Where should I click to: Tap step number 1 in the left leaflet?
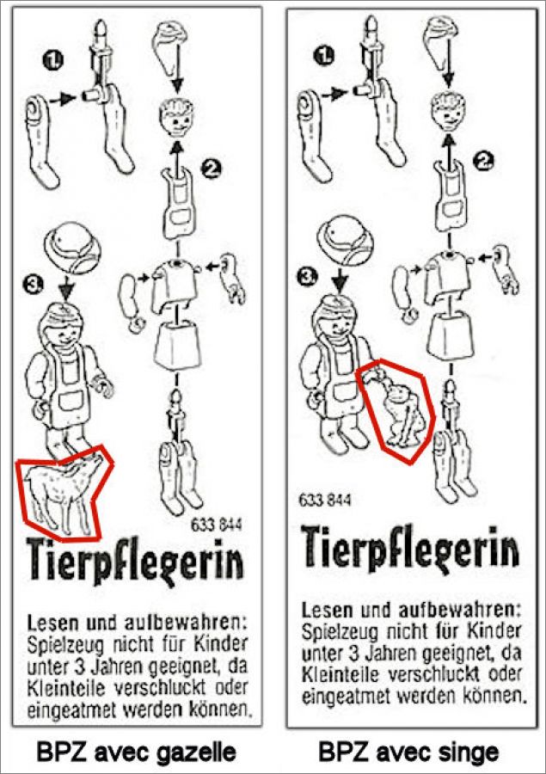[x=53, y=60]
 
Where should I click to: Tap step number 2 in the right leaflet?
[x=483, y=160]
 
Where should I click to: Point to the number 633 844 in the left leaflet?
[x=216, y=525]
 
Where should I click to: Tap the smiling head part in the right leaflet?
[x=449, y=112]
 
